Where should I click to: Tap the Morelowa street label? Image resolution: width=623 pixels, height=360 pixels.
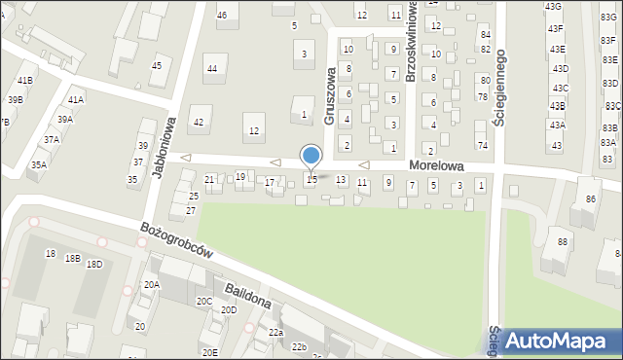click(x=434, y=167)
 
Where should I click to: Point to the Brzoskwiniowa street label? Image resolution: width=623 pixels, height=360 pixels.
click(x=412, y=54)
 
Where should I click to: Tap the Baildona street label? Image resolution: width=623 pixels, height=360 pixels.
click(x=246, y=294)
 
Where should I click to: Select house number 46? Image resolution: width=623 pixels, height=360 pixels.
click(x=222, y=15)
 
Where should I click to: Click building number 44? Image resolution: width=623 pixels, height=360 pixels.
click(x=211, y=68)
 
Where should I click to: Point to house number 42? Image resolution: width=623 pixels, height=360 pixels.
click(x=199, y=122)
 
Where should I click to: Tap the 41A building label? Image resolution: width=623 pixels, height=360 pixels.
click(x=75, y=99)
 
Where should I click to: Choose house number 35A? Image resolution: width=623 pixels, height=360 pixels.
click(x=38, y=164)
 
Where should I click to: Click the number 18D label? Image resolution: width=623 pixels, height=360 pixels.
click(x=94, y=264)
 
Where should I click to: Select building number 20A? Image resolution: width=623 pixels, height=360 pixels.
click(x=151, y=284)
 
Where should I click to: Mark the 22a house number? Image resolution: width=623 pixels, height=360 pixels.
click(x=275, y=333)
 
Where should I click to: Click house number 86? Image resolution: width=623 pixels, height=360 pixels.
click(x=590, y=198)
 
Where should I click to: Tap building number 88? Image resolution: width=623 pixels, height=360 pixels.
click(x=563, y=241)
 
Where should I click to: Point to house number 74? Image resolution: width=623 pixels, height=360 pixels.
click(x=482, y=145)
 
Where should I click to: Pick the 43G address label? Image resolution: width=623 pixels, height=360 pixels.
click(x=554, y=7)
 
